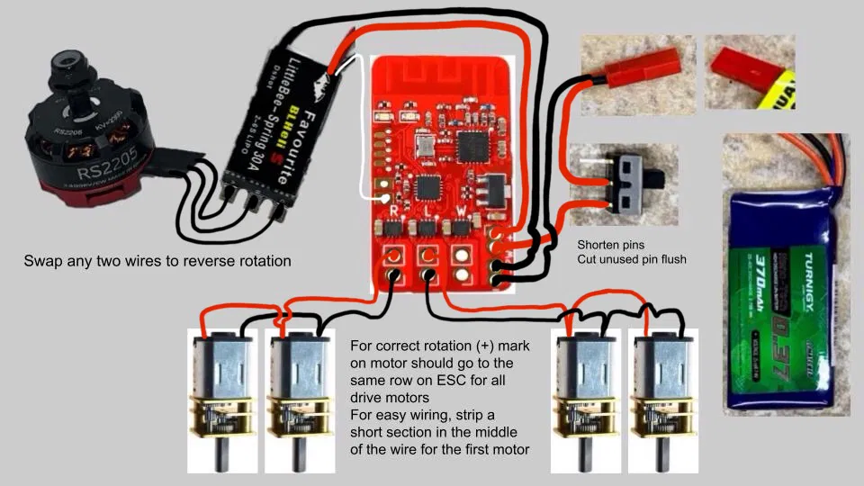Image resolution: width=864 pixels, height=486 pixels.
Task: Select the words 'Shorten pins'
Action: [x=612, y=245]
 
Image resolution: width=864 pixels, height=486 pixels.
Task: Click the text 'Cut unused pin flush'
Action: [x=632, y=260]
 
